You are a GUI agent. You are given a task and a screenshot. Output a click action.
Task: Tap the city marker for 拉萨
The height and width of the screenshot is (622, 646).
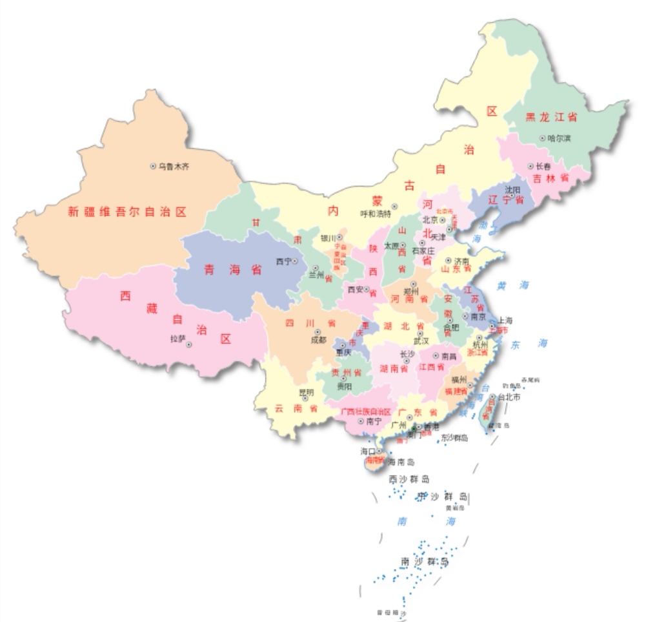[x=189, y=344]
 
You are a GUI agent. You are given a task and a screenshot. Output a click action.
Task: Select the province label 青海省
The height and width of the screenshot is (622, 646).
[x=233, y=270]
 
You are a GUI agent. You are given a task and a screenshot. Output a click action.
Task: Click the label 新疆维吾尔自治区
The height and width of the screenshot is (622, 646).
[x=127, y=211]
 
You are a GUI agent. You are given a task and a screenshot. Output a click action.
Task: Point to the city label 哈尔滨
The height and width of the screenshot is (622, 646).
[x=559, y=138]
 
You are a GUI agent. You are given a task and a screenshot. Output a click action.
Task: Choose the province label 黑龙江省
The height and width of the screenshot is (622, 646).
[x=550, y=117]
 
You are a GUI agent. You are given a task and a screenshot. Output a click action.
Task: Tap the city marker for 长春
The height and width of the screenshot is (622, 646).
[x=531, y=166]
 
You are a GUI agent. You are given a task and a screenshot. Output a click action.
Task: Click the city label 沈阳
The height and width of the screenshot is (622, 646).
[x=513, y=189]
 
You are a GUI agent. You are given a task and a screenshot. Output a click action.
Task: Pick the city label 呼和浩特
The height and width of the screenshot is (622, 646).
[x=376, y=214]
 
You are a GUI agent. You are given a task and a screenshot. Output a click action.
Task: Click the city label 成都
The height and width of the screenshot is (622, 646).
[x=319, y=340]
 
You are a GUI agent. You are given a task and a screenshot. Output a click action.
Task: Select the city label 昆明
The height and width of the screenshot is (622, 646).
[x=306, y=392]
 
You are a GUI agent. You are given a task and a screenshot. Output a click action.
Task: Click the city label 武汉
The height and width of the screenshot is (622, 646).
[x=421, y=341]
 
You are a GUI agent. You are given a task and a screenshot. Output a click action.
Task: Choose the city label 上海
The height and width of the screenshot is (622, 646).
[x=505, y=320]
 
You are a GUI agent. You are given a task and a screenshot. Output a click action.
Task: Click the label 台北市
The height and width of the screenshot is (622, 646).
[x=509, y=397]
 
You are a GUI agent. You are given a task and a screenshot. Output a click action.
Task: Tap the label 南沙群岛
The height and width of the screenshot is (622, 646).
[x=424, y=561]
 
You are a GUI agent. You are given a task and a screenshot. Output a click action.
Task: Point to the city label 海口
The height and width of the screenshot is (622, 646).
[x=368, y=451]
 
